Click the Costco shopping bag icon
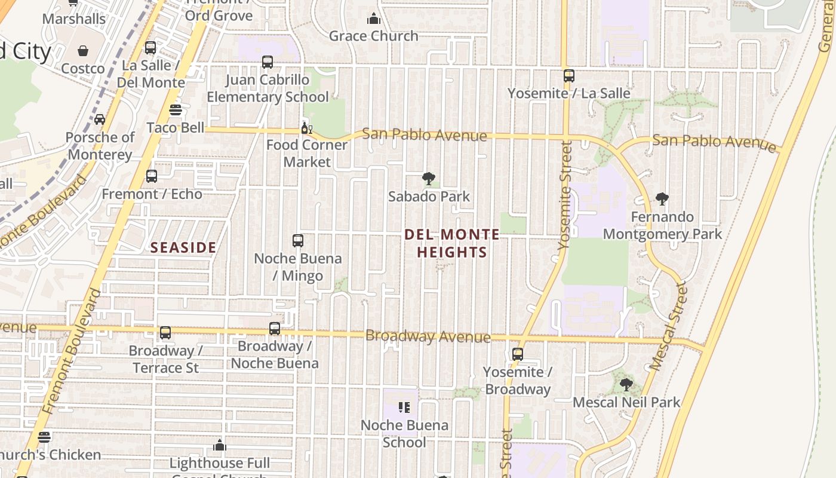[x=83, y=51]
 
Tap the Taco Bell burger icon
[x=176, y=110]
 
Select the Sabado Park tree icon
[x=428, y=178]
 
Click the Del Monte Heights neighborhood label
[x=452, y=243]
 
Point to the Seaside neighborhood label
[x=183, y=247]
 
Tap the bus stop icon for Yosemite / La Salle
[x=569, y=76]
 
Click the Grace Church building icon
[x=374, y=19]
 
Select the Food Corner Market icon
[x=306, y=128]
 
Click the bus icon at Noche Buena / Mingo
[x=298, y=241]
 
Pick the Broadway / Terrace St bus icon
[x=165, y=333]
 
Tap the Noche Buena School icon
[x=404, y=407]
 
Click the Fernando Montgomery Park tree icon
[x=662, y=199]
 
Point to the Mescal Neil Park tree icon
[x=626, y=385]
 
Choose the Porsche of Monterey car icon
[x=100, y=119]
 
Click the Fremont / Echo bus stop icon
[x=152, y=176]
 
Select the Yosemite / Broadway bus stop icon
[x=518, y=354]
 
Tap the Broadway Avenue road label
[x=428, y=336]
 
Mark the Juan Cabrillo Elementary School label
[x=268, y=88]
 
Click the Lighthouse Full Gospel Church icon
[x=220, y=445]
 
